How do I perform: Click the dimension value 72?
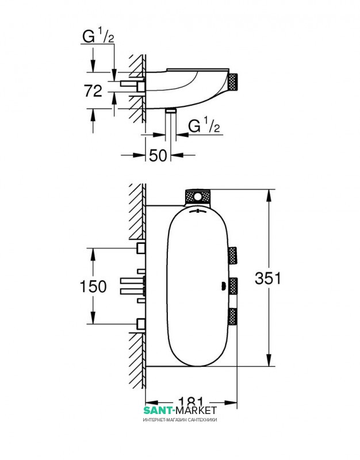point(93,91)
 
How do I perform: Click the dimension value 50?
point(158,155)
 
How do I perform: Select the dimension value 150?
point(93,286)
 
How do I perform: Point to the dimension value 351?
point(268,278)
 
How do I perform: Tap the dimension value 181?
point(191,401)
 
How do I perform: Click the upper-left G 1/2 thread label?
point(98,37)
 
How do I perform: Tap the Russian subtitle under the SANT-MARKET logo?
point(180,420)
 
